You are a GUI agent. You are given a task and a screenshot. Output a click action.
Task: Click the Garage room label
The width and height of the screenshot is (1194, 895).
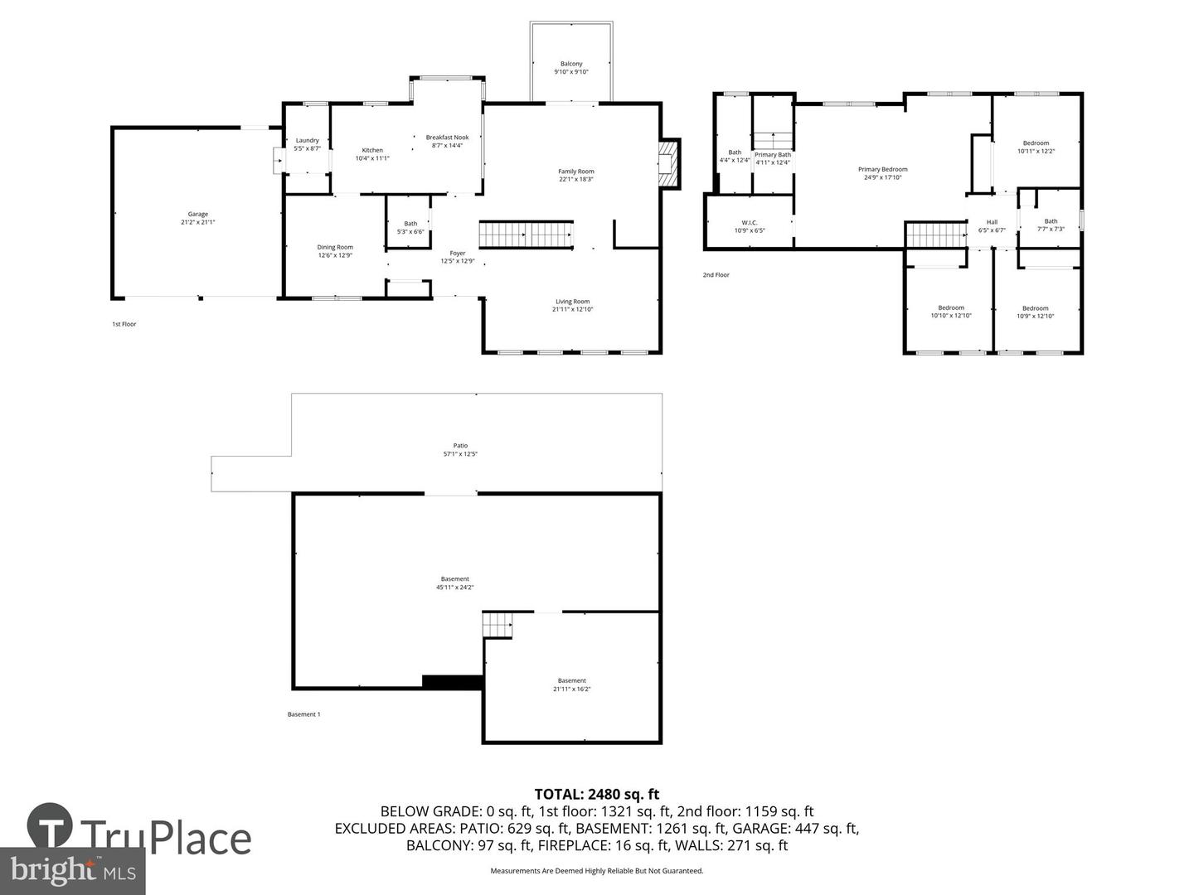coord(197,215)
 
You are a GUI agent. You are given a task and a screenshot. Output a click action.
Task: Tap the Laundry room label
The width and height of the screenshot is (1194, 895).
coord(307,141)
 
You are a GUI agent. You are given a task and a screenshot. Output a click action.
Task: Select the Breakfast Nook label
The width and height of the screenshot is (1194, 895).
coord(447,138)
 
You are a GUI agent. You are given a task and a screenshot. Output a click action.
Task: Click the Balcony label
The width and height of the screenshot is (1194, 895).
coord(571,64)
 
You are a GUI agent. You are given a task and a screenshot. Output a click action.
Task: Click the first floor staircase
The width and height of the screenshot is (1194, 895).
coord(527,235)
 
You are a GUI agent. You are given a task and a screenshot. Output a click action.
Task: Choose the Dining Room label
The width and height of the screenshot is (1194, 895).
coord(335,247)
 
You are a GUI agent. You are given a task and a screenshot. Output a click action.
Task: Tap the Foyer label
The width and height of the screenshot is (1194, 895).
coord(458,254)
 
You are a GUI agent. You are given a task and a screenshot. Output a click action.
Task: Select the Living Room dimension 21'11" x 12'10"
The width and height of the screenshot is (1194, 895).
coord(573,309)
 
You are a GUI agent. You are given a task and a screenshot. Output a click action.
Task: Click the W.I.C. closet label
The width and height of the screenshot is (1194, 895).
coord(750,222)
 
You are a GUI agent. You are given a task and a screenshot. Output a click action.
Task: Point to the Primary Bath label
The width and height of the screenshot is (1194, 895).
coord(773,155)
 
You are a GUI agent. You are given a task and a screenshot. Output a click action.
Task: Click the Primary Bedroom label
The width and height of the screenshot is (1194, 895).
coord(882,169)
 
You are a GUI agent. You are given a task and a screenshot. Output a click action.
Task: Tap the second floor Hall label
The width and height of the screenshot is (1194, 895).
coord(992,222)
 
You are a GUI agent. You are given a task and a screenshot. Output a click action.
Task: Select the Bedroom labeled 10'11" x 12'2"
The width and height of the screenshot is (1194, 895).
coord(1036,143)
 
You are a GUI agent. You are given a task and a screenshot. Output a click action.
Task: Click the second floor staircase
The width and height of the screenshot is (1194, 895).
coord(936,235)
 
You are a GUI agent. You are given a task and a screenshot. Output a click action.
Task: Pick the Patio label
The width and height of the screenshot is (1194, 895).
coord(460,446)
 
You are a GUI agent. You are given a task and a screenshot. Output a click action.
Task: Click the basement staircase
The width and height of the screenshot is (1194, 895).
coord(498,625)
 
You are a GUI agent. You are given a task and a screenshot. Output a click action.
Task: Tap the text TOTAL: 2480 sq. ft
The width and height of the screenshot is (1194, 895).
coord(597,795)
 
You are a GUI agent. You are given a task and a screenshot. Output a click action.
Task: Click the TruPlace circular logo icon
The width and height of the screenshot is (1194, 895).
coord(49,825)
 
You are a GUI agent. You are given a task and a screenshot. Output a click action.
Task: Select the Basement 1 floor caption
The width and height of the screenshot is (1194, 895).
coord(303,714)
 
